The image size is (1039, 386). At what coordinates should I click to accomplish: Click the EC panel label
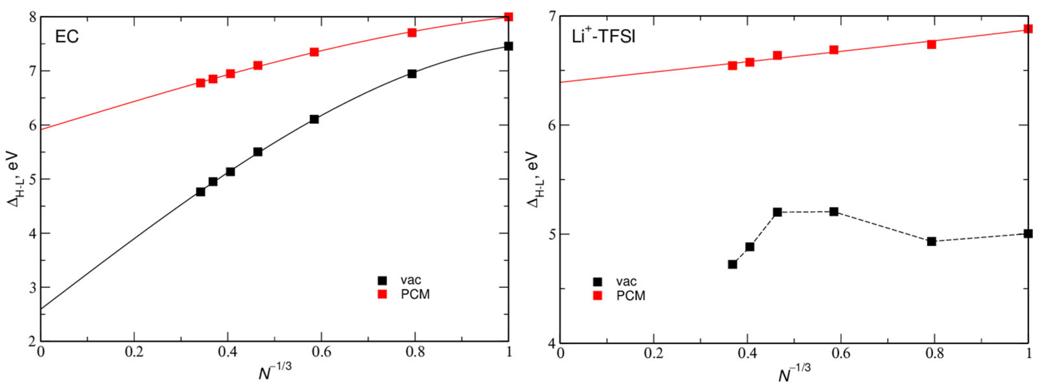(x=67, y=37)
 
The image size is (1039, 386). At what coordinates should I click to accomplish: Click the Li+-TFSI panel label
(x=604, y=37)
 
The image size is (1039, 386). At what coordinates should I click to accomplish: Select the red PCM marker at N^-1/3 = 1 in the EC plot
(x=509, y=17)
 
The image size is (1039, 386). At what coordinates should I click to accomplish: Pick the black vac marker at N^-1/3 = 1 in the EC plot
(x=509, y=46)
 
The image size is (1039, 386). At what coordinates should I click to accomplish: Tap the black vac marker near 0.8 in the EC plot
(x=412, y=74)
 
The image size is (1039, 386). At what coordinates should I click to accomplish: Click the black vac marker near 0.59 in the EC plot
(x=314, y=119)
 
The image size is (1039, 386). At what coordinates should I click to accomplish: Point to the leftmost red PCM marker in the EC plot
(x=200, y=83)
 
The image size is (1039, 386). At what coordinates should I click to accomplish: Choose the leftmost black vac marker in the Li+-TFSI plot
(x=732, y=264)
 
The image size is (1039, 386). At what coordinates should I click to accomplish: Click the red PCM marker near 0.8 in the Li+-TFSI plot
(x=931, y=44)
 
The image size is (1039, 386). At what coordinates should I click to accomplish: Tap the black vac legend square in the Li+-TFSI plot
(x=598, y=282)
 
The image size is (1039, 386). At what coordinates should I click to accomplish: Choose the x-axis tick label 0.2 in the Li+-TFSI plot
(x=653, y=353)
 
